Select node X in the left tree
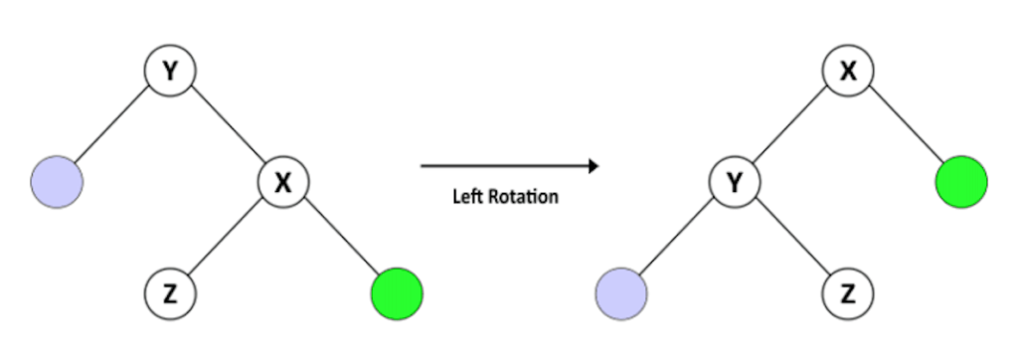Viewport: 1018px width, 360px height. click(283, 182)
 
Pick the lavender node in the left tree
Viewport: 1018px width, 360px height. click(57, 182)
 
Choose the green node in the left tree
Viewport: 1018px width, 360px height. click(396, 293)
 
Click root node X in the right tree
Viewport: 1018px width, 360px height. click(848, 72)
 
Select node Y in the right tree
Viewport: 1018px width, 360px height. click(736, 182)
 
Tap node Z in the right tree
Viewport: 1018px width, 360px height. click(848, 293)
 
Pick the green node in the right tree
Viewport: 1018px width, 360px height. click(960, 182)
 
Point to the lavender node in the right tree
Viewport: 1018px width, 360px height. click(621, 293)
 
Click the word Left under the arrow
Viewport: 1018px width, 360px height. click(468, 196)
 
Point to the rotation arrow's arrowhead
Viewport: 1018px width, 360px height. click(593, 165)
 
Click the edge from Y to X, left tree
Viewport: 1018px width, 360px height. click(226, 126)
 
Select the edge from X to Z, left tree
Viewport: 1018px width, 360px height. click(227, 237)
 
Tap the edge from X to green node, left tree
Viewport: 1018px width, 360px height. click(339, 238)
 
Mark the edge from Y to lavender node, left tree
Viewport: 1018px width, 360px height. click(112, 126)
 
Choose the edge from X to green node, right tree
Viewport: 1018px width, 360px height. click(904, 126)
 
